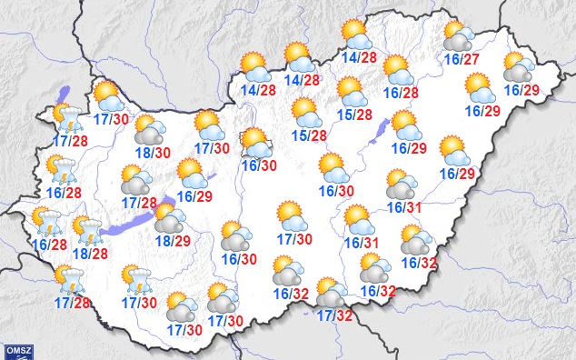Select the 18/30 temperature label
pos(150,155)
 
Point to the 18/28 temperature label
pos(88,253)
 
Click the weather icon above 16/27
pos(459,36)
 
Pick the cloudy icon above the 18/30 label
pos(150,133)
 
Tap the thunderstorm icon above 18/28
pos(86,231)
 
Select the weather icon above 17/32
pos(332,293)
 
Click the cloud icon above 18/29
pos(168,218)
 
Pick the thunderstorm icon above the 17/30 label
pos(138,280)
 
